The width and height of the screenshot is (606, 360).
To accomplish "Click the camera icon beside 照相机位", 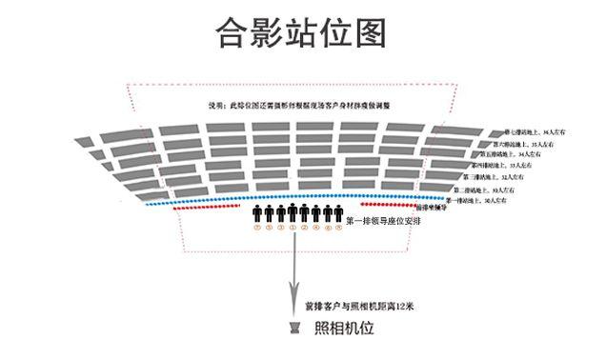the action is (x=297, y=330).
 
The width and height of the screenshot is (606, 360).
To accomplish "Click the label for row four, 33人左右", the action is (x=515, y=166).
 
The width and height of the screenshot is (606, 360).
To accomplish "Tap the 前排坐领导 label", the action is (x=434, y=207).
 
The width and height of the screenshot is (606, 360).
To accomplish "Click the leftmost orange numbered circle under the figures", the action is (x=257, y=228).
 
